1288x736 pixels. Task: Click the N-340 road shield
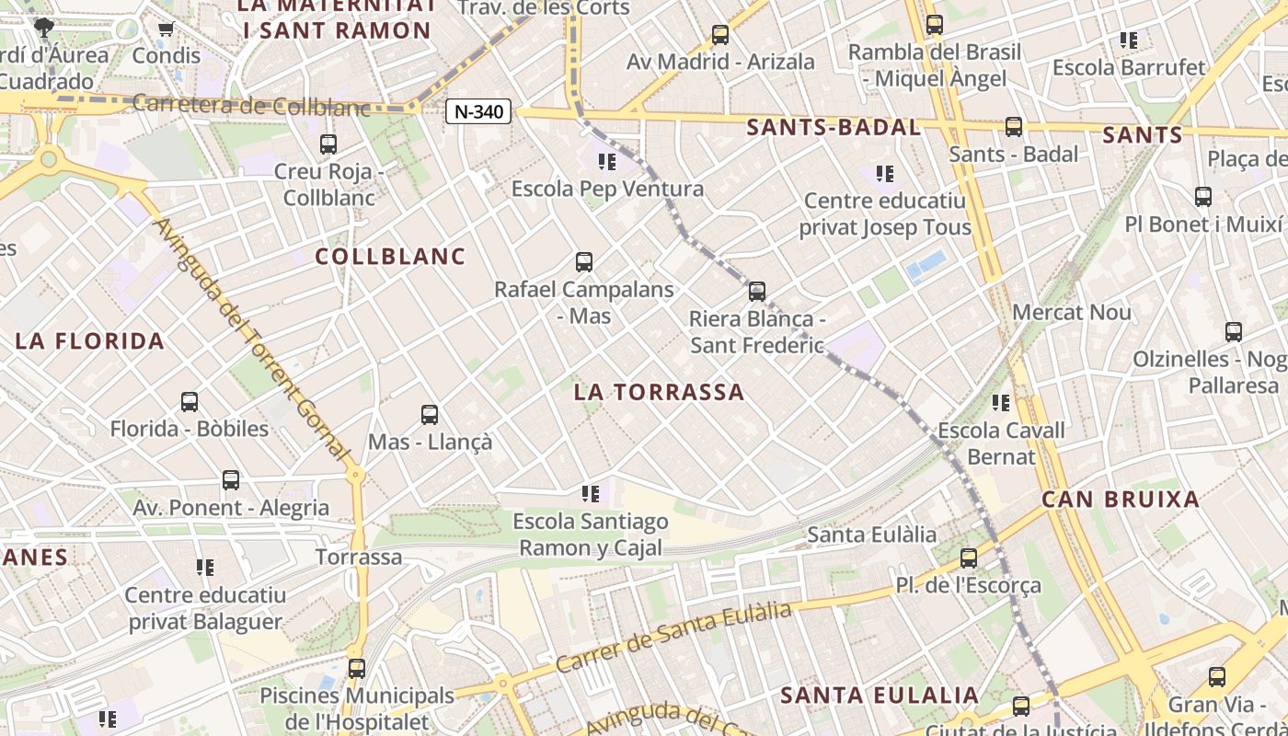coord(478,112)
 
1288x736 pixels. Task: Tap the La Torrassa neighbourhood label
coord(659,392)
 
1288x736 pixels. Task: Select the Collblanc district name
coord(391,256)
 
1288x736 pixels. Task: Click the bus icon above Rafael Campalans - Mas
coord(583,262)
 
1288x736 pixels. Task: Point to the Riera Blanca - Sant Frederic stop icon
coord(756,292)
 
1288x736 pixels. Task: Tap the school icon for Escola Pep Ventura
coord(607,163)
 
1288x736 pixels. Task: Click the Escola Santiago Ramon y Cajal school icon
coord(591,495)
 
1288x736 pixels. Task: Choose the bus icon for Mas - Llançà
coord(430,415)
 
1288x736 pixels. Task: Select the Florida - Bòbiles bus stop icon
coord(190,402)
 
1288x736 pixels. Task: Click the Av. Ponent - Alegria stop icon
coord(231,480)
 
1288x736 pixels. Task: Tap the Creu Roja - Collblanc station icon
coord(328,144)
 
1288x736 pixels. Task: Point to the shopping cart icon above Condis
coord(167,29)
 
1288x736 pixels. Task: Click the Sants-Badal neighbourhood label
coord(834,128)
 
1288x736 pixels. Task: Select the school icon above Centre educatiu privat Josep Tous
coord(885,174)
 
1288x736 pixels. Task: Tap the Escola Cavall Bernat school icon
coord(1001,403)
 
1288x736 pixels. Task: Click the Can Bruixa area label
coord(1121,500)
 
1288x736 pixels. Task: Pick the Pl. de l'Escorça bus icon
coord(968,558)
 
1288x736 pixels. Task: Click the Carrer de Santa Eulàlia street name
coord(674,638)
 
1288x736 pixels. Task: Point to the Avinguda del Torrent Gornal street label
coord(253,339)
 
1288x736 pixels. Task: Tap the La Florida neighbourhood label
coord(90,341)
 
